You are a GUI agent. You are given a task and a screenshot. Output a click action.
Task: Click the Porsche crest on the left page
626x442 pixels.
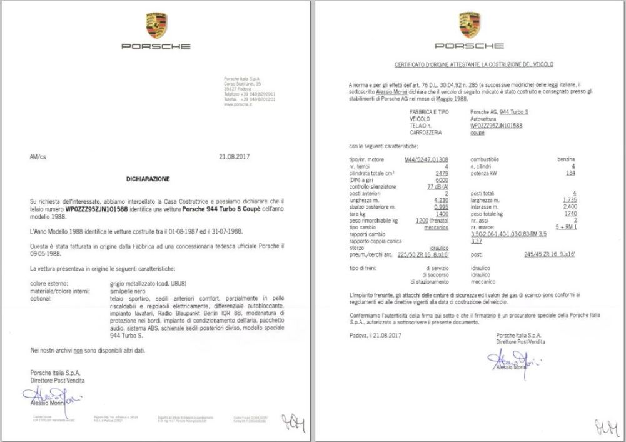(156, 23)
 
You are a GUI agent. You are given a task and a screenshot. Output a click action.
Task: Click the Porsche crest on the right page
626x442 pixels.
(470, 23)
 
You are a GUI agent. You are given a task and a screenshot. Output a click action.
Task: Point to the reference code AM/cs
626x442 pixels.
(38, 157)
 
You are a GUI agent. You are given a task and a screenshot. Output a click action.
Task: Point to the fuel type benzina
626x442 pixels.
(565, 159)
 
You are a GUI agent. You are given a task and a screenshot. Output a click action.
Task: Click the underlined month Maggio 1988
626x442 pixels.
(452, 99)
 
